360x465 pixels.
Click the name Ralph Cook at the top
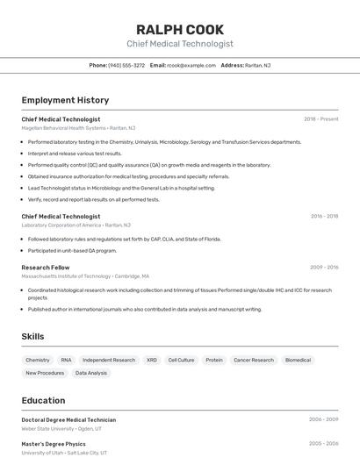[180, 29]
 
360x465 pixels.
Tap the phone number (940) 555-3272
[126, 65]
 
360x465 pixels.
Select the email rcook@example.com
[191, 65]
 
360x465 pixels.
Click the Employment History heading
[65, 100]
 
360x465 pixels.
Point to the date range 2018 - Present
[320, 119]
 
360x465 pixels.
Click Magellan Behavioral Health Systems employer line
[78, 128]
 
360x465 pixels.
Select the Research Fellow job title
[46, 267]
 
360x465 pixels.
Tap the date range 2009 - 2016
[323, 267]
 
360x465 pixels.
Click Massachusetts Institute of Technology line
[85, 275]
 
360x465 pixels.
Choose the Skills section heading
[32, 336]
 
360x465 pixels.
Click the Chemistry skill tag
[38, 360]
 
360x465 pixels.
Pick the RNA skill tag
[67, 360]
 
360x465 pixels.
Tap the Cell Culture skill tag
[181, 360]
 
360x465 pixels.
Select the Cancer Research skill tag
[254, 360]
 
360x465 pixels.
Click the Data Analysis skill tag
[91, 373]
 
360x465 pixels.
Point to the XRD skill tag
[152, 360]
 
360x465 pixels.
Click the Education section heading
[43, 400]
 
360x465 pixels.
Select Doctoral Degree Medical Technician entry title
[68, 419]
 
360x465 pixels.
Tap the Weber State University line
[61, 429]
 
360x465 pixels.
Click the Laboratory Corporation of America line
[76, 225]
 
